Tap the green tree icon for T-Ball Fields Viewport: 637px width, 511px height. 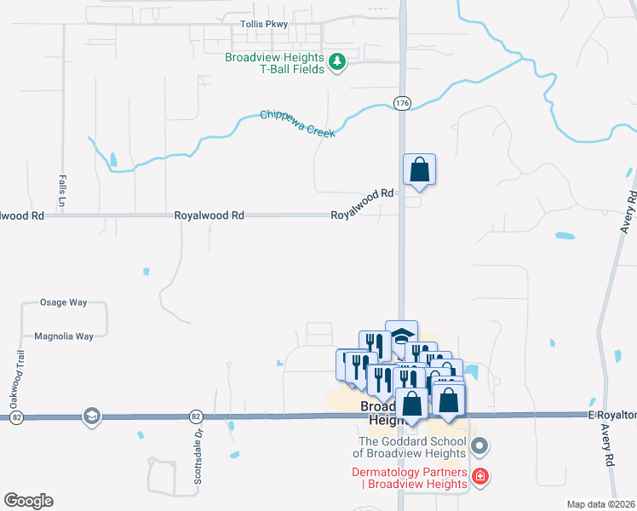(x=337, y=60)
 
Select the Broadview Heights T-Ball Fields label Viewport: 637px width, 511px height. (x=274, y=63)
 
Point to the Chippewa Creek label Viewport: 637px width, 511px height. (x=298, y=123)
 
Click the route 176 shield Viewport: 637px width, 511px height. (x=402, y=103)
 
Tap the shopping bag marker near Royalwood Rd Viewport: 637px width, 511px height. (x=419, y=169)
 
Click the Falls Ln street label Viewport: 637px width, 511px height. (x=62, y=192)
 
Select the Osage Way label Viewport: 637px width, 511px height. (x=64, y=302)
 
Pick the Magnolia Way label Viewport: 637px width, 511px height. (x=64, y=336)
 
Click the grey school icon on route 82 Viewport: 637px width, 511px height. (x=90, y=416)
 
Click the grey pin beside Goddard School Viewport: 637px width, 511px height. (x=479, y=445)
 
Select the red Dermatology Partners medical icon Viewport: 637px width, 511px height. (x=480, y=476)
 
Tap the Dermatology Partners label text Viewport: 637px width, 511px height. (x=410, y=479)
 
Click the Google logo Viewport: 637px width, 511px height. (x=28, y=501)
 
